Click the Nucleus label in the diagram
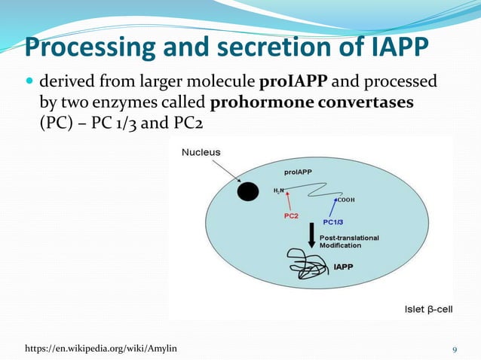coord(201,152)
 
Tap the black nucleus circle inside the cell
coord(247,192)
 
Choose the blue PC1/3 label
coord(332,222)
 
